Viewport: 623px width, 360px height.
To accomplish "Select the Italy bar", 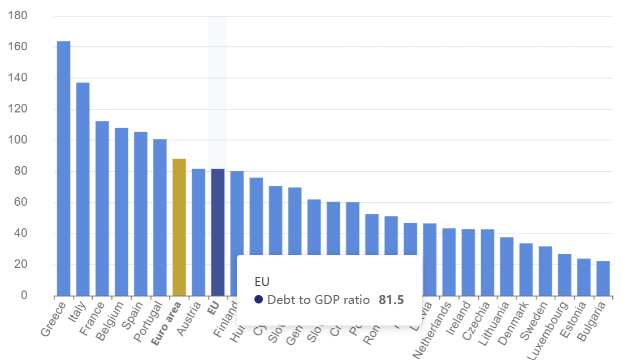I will pyautogui.click(x=83, y=189).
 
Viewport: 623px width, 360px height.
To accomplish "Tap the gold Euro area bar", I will pyautogui.click(x=179, y=227).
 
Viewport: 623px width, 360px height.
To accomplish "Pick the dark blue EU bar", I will pyautogui.click(x=218, y=232).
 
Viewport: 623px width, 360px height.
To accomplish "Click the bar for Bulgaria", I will pyautogui.click(x=603, y=278).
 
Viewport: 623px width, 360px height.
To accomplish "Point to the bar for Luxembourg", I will pyautogui.click(x=565, y=275).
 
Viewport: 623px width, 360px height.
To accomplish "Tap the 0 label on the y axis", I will pyautogui.click(x=24, y=296).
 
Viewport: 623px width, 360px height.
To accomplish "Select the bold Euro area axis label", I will pyautogui.click(x=168, y=324).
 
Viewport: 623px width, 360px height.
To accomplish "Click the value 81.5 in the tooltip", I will pyautogui.click(x=391, y=300).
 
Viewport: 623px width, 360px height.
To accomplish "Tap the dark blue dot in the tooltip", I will pyautogui.click(x=259, y=300).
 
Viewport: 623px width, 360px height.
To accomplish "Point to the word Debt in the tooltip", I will pyautogui.click(x=279, y=300).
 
